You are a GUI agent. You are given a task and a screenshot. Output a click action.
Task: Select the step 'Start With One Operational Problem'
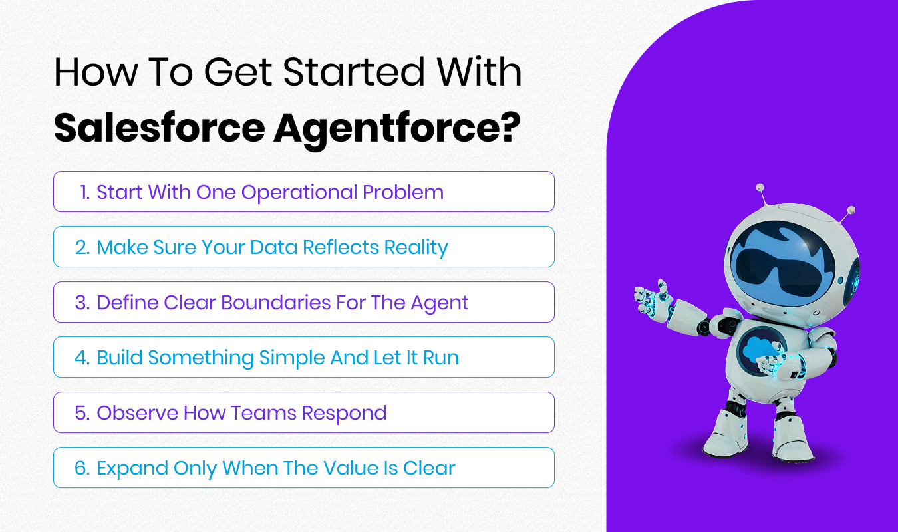pos(303,192)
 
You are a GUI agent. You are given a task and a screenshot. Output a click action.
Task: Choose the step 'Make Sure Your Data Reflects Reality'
pos(303,247)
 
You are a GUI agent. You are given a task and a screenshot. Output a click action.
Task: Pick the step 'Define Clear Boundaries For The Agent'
pos(303,303)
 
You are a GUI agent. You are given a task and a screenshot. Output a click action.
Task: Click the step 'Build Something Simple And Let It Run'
pos(303,358)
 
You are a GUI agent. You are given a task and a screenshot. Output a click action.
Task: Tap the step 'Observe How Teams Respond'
pos(303,413)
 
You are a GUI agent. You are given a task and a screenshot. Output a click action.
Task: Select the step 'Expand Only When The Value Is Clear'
pos(303,468)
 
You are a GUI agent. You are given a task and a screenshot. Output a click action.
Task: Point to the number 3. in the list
pos(82,303)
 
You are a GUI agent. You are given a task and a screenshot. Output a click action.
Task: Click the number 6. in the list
pos(82,468)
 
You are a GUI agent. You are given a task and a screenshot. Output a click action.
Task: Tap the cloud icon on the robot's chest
pos(758,350)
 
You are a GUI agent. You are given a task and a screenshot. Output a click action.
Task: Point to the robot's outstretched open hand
pos(651,297)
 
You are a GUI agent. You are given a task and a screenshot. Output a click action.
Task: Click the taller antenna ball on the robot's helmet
pos(760,188)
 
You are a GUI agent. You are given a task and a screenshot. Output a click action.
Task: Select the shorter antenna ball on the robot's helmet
pos(851,210)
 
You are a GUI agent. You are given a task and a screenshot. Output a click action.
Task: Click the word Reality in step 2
pos(418,247)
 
